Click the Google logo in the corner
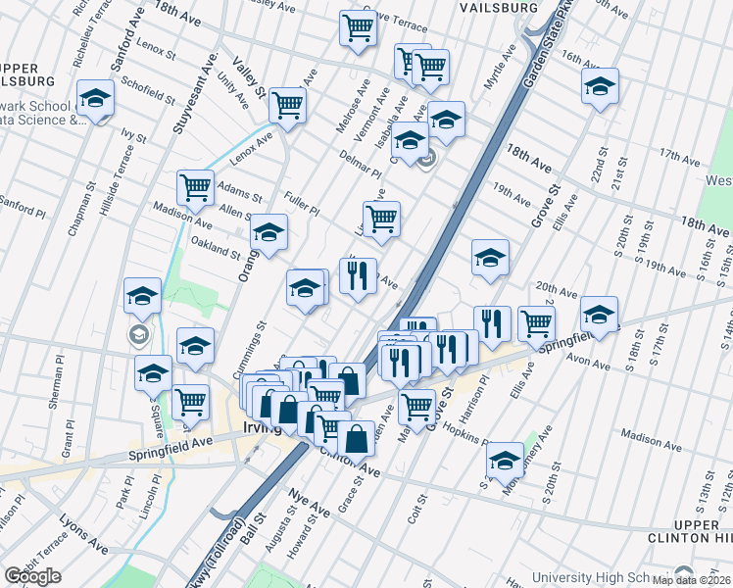pos(32,576)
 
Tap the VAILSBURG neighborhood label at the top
pos(499,7)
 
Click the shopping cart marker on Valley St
pos(287,104)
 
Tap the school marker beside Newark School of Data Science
pos(96,99)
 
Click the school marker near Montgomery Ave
pos(506,460)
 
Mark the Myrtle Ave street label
pos(500,69)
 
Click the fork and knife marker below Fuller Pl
pos(359,274)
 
